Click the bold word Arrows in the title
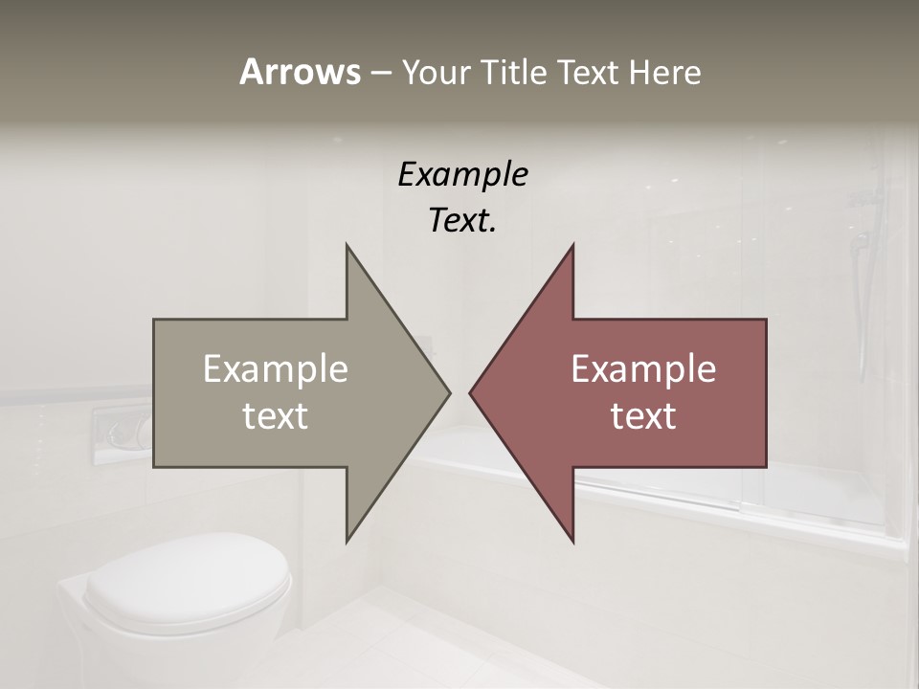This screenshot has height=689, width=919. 299,72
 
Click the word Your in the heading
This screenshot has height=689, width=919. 435,72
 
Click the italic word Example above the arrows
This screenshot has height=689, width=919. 462,175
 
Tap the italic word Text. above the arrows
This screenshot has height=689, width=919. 462,221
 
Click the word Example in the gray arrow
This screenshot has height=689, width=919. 276,368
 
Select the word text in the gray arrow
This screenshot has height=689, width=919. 276,415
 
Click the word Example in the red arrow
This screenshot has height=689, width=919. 643,368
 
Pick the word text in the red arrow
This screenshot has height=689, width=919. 643,415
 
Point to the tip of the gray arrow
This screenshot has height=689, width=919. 449,392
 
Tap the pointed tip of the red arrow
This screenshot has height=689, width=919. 470,392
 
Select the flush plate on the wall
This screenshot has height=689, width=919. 123,432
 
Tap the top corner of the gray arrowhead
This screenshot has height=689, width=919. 347,245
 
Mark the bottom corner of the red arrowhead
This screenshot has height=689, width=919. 572,542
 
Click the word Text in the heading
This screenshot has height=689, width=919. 585,72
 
